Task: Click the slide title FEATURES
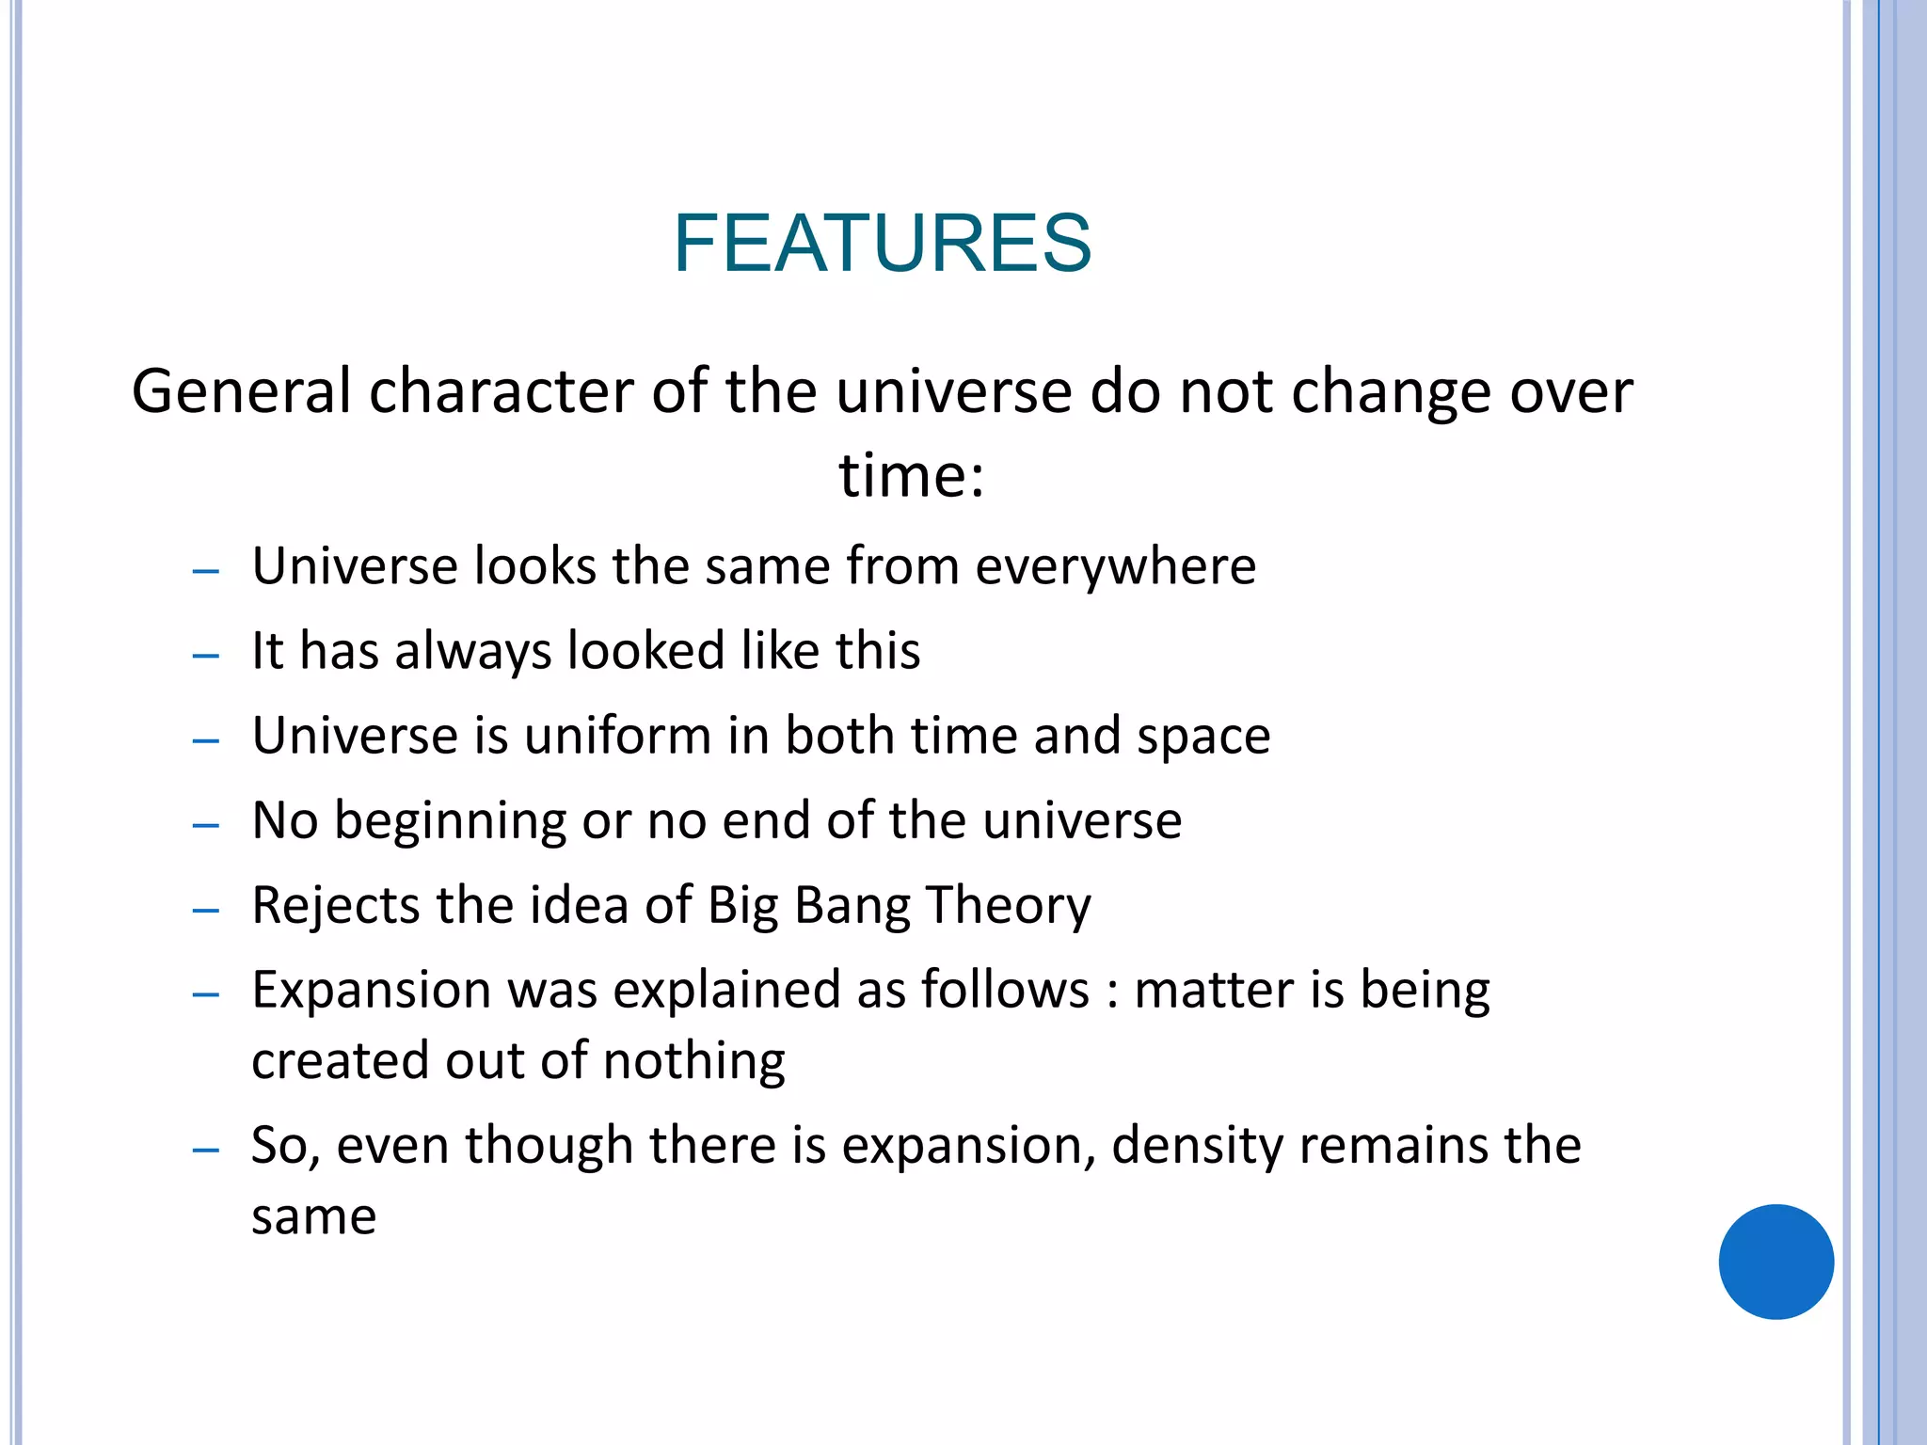882,244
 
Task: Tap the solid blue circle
1776,1262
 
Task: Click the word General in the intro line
240,391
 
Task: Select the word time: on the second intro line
911,475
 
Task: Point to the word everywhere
1115,566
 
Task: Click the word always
472,652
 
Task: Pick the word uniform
617,736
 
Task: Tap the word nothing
693,1062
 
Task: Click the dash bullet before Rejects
205,911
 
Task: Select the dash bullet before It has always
205,656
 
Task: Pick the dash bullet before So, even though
205,1150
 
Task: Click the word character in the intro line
501,391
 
